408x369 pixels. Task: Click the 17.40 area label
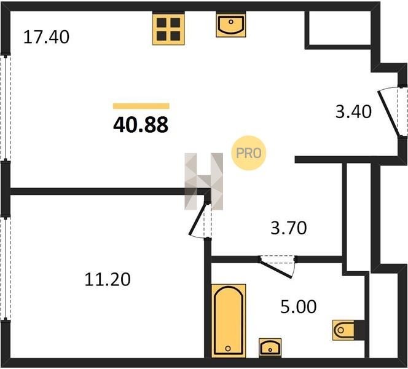46,37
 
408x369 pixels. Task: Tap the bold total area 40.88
141,125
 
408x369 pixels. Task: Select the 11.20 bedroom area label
108,279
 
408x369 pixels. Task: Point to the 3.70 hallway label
289,228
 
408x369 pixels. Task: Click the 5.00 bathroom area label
299,306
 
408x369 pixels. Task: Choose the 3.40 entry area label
353,112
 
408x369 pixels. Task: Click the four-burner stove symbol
168,29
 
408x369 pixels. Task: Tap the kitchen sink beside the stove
231,25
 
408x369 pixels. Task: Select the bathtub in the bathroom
229,320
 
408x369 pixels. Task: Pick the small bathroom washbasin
270,347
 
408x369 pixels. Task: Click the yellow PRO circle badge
248,153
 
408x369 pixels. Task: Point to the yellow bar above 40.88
141,106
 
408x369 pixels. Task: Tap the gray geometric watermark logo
204,181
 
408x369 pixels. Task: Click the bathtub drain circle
228,348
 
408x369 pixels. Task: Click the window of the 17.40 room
6,107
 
